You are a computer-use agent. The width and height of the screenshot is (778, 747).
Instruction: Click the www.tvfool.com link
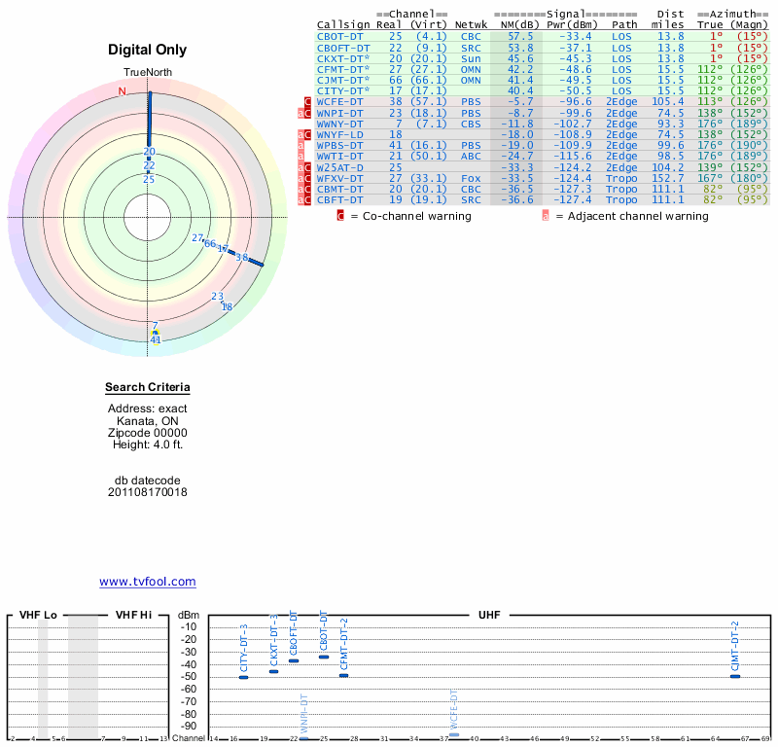[147, 582]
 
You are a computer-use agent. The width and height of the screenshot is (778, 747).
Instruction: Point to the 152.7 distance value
[668, 178]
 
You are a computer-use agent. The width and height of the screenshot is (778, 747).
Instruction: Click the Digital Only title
[147, 50]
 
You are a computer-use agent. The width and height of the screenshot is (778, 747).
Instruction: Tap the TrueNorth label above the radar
[147, 74]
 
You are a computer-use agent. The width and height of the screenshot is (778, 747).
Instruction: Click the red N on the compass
[122, 91]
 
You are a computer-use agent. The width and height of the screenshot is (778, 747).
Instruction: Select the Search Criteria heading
[147, 388]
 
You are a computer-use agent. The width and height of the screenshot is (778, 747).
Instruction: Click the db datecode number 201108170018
[147, 492]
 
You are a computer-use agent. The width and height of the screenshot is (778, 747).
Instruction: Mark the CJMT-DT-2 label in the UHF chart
[735, 643]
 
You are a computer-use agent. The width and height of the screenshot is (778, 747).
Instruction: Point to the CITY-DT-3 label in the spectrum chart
[244, 648]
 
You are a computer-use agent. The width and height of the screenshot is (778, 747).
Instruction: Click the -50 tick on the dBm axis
[189, 676]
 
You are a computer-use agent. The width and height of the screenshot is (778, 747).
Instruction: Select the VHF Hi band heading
[132, 615]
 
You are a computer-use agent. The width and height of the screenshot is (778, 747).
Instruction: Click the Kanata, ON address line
[147, 421]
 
